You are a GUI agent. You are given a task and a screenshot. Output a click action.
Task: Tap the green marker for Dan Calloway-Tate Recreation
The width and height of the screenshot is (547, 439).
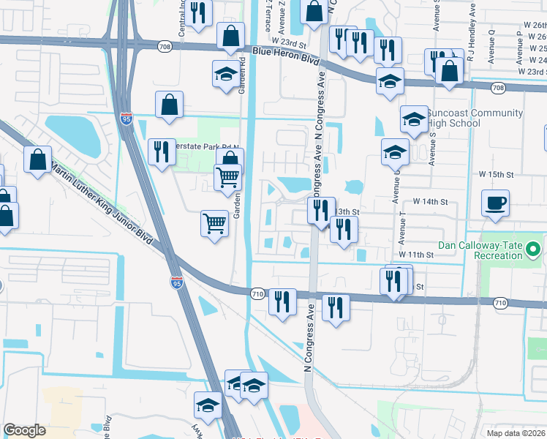pyautogui.click(x=533, y=250)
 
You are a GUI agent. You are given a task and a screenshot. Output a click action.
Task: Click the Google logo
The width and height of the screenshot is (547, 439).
pyautogui.click(x=24, y=429)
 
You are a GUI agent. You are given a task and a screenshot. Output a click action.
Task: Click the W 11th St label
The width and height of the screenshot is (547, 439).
pyautogui.click(x=416, y=254)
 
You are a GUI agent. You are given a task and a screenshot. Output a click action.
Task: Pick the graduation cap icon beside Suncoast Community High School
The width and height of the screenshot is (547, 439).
pyautogui.click(x=414, y=119)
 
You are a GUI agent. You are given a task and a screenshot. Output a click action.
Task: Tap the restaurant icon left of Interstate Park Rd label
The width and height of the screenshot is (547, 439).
pyautogui.click(x=159, y=151)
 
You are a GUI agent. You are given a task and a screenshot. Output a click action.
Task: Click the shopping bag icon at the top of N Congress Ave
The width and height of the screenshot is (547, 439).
pyautogui.click(x=313, y=12)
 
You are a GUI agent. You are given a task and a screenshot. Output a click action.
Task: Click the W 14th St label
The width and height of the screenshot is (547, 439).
pyautogui.click(x=430, y=200)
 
